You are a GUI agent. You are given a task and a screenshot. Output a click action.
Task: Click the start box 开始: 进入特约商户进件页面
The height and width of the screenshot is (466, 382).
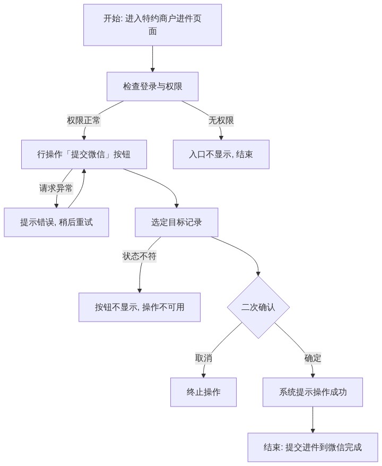[x=152, y=25]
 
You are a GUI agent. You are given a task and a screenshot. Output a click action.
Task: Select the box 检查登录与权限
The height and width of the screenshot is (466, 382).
[x=152, y=87]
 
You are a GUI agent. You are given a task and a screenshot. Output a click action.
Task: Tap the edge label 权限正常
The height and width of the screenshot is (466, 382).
[x=84, y=120]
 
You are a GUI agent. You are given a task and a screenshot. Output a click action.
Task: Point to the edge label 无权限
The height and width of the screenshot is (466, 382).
[x=221, y=120]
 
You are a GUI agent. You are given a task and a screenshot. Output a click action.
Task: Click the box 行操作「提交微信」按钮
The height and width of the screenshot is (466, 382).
[x=84, y=154]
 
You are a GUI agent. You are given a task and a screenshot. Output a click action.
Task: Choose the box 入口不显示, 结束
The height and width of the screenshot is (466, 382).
[x=221, y=154]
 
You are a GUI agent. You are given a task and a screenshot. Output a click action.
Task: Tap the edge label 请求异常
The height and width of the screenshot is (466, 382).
[x=56, y=188]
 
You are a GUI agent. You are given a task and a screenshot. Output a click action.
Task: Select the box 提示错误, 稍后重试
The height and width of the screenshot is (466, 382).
[x=56, y=222]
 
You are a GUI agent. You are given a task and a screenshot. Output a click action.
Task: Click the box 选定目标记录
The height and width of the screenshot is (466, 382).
[x=177, y=222]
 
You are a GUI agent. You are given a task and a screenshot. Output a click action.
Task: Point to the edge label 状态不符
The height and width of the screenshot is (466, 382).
[x=140, y=256]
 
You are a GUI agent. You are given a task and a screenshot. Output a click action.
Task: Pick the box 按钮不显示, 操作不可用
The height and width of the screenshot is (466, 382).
[x=140, y=307]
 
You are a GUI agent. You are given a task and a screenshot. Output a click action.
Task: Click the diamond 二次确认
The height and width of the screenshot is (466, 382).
[x=258, y=307]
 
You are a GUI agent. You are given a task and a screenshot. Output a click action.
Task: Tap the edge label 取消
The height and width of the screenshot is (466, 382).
[x=204, y=358]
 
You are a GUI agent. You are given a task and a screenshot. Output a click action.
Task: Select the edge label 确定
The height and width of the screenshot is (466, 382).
[x=313, y=358]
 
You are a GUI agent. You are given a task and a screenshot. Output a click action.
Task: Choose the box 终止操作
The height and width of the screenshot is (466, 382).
[x=204, y=392]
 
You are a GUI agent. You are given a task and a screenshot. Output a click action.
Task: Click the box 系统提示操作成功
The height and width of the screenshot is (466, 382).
[x=313, y=392]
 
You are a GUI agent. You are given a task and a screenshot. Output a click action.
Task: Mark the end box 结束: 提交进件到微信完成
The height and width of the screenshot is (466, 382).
[x=313, y=447]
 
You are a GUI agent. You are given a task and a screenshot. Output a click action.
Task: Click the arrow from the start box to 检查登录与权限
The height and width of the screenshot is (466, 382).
[x=152, y=59]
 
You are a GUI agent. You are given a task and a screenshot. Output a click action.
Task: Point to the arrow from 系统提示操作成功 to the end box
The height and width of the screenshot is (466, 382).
[x=313, y=420]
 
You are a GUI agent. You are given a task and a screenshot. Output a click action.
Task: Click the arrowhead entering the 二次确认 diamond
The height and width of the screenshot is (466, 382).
[x=258, y=274]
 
